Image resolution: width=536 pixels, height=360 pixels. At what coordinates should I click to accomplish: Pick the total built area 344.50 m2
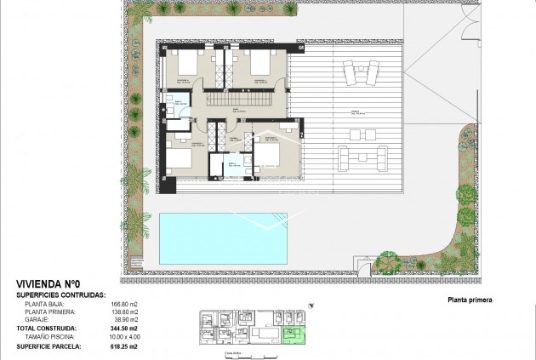tap(147, 328)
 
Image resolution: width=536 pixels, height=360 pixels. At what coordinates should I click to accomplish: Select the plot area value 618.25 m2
tap(147, 346)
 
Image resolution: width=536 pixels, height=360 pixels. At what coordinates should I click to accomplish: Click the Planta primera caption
tap(469, 300)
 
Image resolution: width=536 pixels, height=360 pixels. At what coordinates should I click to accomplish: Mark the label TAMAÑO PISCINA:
tap(59, 336)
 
